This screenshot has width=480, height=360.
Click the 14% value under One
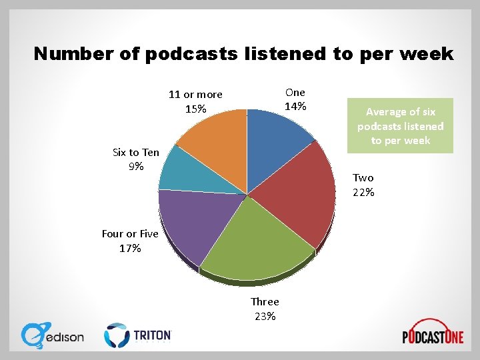tap(295, 107)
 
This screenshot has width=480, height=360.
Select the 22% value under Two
tap(363, 193)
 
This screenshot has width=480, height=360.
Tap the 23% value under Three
tap(265, 317)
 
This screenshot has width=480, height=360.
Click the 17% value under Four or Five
tap(130, 249)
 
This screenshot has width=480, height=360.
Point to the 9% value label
tap(136, 167)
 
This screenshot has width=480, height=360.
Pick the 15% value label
tap(195, 109)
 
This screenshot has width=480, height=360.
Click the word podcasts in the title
tap(190, 54)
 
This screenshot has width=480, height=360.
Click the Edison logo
tap(53, 335)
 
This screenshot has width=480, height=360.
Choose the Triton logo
tap(138, 335)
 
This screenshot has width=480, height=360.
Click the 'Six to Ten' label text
tap(136, 153)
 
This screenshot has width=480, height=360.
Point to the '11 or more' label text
tap(195, 95)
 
